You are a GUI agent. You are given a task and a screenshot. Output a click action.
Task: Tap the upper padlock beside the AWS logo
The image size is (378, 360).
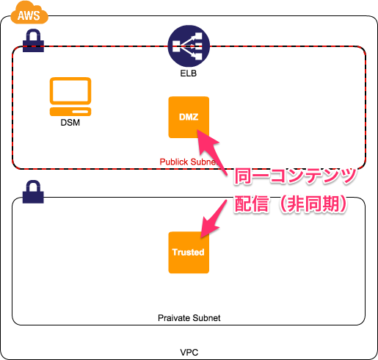[x=33, y=41]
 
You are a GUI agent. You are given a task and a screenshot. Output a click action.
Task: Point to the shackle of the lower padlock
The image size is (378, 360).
[x=33, y=185]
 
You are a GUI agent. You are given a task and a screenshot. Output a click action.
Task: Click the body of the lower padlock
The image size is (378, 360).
[x=33, y=196]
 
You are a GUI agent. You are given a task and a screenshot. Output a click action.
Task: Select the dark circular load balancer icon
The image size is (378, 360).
[x=189, y=46]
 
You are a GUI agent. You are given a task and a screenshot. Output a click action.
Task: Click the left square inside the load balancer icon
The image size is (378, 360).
[x=176, y=46]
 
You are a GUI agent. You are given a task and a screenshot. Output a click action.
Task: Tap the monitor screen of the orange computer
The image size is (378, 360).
[x=70, y=91]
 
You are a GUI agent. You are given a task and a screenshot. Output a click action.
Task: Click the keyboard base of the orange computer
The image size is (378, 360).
[x=70, y=112]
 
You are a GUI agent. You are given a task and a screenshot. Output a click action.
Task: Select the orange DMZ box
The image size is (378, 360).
[x=189, y=117]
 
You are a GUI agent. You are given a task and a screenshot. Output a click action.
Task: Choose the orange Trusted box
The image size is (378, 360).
[x=189, y=252]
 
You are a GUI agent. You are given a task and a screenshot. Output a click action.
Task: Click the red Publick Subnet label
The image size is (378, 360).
[x=188, y=161]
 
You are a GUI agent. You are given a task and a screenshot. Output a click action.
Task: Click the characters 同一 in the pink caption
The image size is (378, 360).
[x=251, y=176]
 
